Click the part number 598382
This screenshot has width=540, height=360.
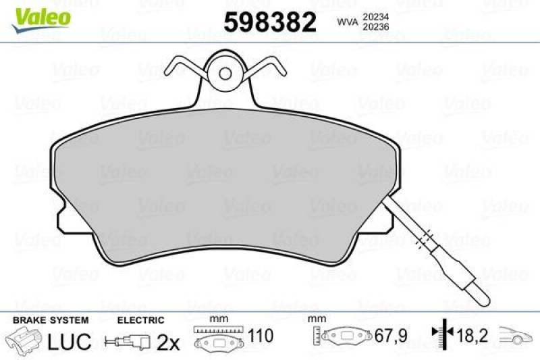269,23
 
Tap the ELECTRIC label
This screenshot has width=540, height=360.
140,320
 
